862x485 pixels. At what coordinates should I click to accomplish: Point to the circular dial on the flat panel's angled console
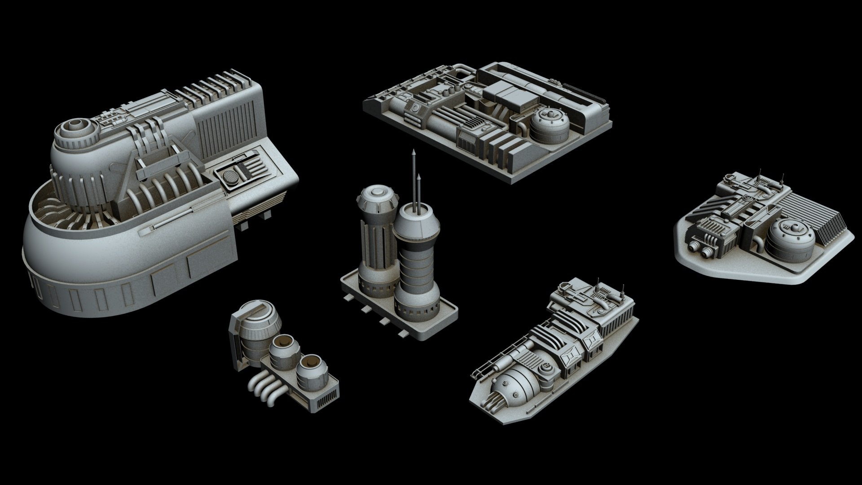[416, 108]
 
